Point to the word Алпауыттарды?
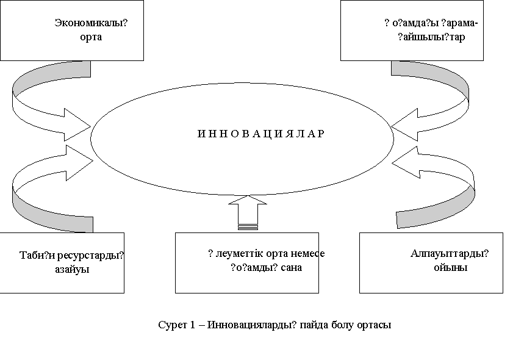point(450,254)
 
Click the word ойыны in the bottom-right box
point(450,267)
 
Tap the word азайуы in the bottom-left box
point(68,269)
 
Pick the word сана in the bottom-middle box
point(291,267)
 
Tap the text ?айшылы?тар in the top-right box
point(431,37)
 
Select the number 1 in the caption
point(191,325)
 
